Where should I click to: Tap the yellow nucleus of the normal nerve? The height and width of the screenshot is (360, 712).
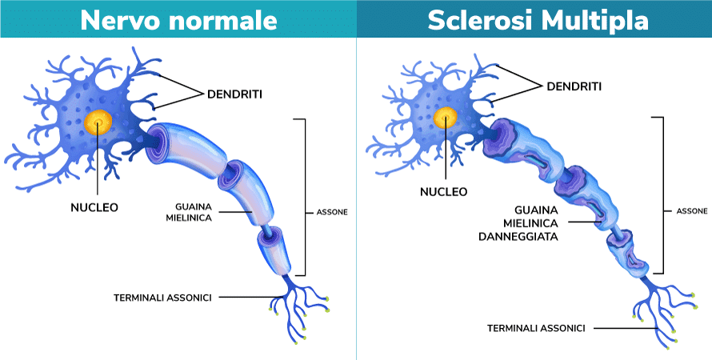[98, 122]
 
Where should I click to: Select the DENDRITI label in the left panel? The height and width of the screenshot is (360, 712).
[234, 94]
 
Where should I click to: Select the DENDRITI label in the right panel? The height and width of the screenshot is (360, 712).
[574, 86]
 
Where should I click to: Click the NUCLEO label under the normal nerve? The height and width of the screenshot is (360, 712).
[94, 207]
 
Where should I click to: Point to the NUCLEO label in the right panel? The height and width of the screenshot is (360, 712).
[444, 192]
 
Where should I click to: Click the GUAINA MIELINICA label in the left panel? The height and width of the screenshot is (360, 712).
[189, 213]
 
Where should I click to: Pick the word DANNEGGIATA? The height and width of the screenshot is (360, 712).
[518, 237]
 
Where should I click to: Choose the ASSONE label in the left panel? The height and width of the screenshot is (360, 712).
[332, 212]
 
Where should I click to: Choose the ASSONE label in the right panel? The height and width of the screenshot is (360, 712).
[691, 211]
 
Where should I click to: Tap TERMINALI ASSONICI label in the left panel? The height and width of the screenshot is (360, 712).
[162, 298]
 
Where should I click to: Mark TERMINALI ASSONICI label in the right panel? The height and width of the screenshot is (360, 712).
[536, 328]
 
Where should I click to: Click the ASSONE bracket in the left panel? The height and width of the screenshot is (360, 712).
[305, 197]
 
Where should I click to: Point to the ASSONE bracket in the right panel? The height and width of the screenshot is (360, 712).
[663, 195]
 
